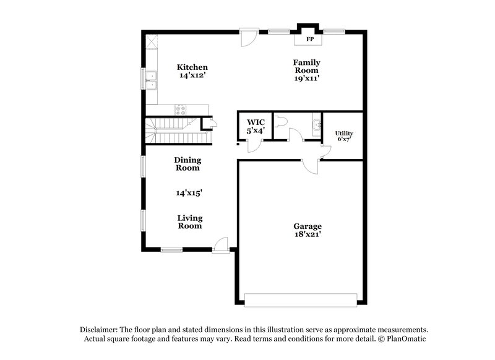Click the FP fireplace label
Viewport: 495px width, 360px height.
(x=310, y=40)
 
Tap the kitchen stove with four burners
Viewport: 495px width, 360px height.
(x=182, y=111)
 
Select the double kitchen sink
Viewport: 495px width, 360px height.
(x=150, y=79)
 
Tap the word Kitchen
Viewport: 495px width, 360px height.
(x=192, y=67)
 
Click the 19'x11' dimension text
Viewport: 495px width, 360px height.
(x=306, y=79)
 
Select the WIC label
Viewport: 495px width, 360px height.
(x=256, y=122)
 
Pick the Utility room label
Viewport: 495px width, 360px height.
(x=344, y=133)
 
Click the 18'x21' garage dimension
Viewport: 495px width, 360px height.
(x=308, y=235)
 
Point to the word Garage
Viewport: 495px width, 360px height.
(x=308, y=226)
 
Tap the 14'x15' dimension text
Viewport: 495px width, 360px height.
(x=189, y=193)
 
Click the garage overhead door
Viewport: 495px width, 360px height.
(x=301, y=299)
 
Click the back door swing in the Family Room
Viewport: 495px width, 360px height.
(x=249, y=38)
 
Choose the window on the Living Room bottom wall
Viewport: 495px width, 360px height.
(x=171, y=250)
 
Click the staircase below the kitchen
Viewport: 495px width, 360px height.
(x=176, y=131)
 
